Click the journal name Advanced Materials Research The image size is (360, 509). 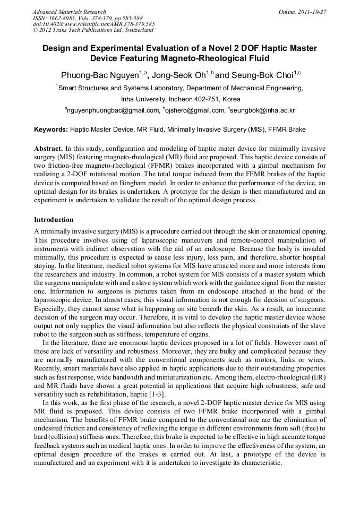tap(69, 12)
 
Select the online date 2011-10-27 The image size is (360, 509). tap(311, 12)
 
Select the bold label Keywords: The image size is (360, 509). tap(51, 130)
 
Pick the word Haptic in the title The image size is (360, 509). tap(250, 48)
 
